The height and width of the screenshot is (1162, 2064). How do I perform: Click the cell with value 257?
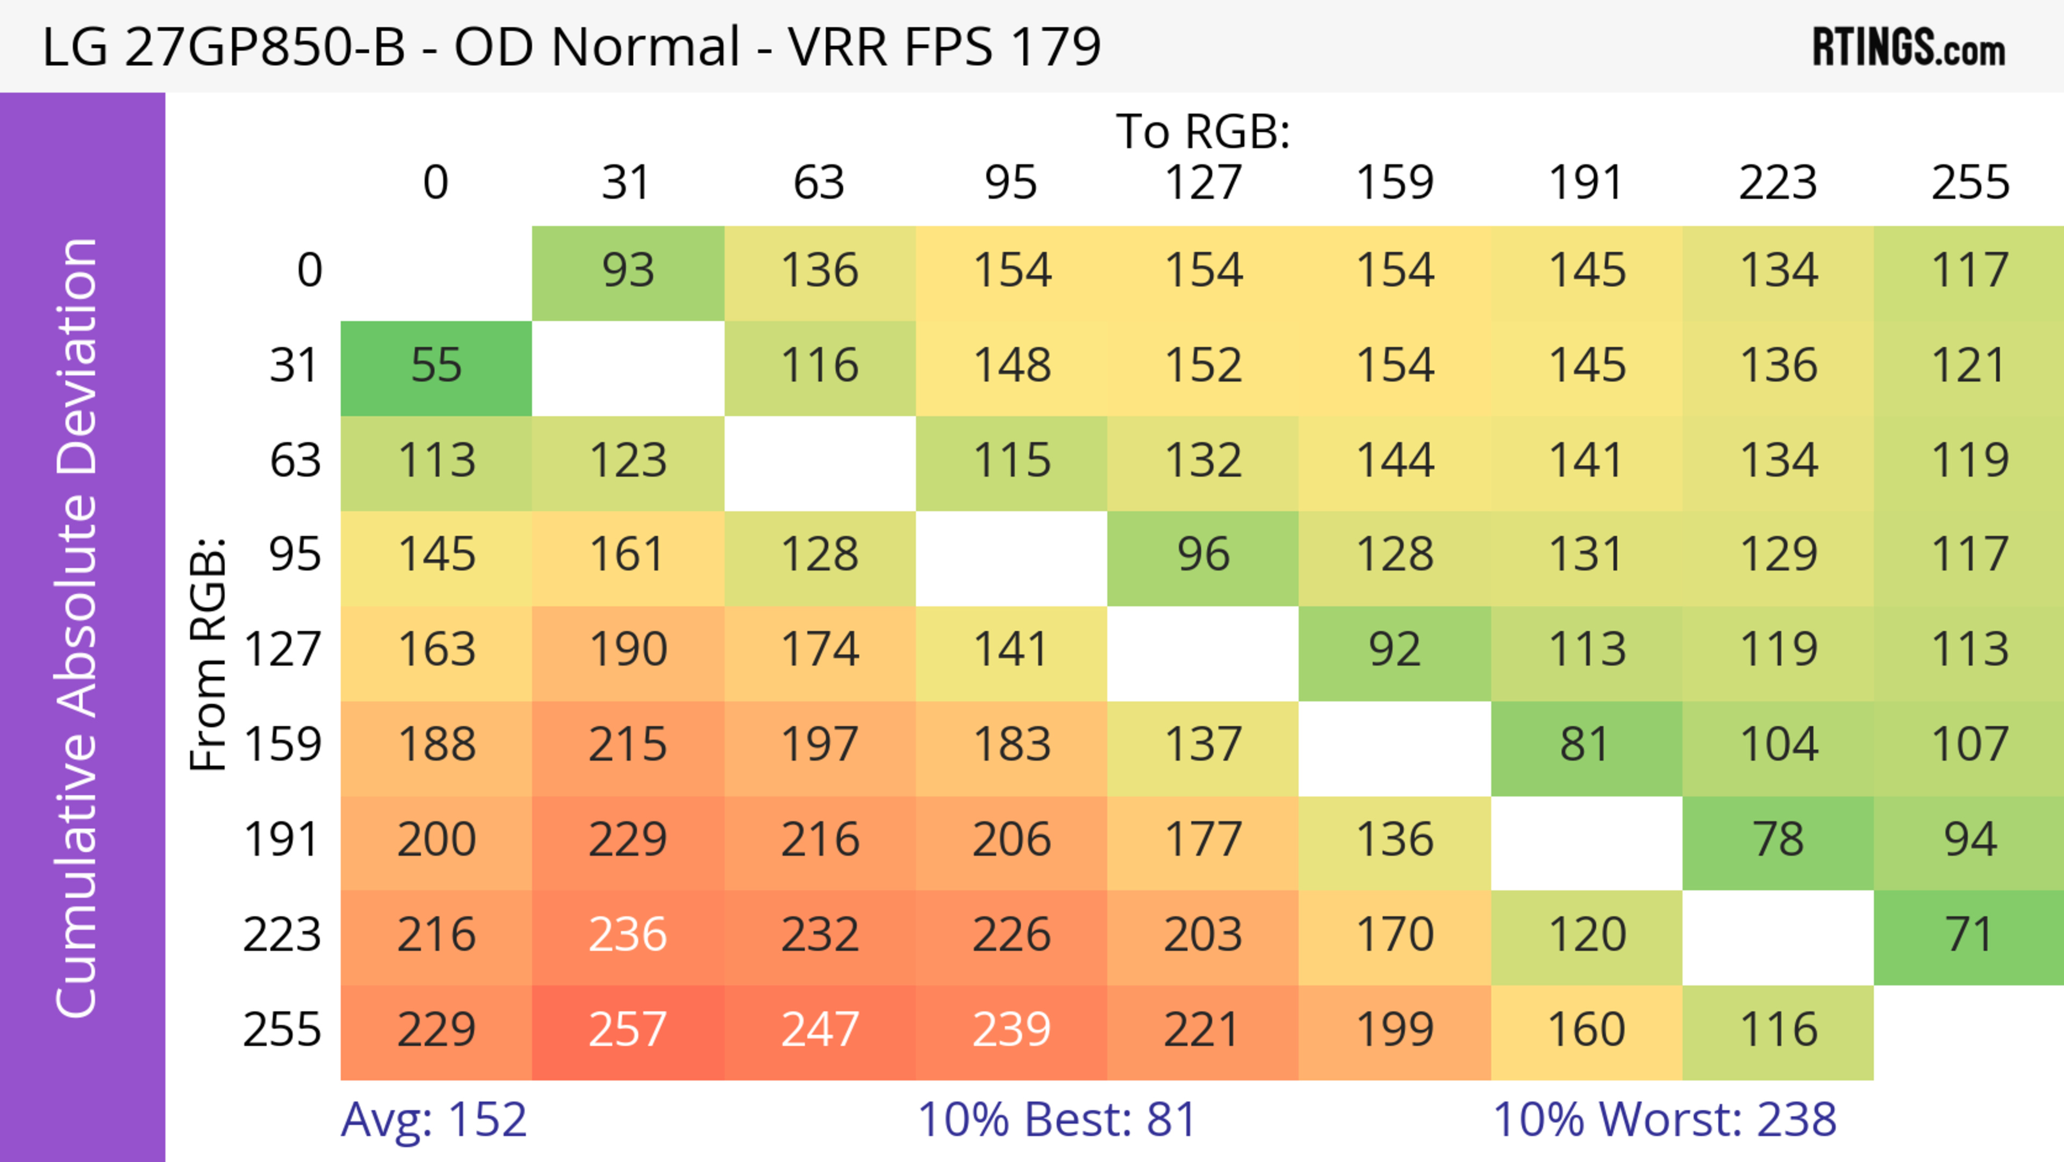pos(627,1030)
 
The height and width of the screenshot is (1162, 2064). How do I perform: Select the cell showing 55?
pos(436,366)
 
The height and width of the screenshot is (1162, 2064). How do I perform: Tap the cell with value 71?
pos(1969,935)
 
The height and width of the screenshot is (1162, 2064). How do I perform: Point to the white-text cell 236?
pos(627,935)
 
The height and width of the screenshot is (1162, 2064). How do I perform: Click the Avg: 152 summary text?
pos(433,1120)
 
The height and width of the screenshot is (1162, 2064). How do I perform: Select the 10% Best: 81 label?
pos(1057,1120)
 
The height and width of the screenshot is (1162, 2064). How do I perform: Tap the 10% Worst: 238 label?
pos(1664,1120)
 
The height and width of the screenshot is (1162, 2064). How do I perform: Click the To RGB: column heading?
pos(1203,131)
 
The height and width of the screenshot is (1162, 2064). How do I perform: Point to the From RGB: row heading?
pos(209,654)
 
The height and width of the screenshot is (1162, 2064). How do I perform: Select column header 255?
pos(1969,183)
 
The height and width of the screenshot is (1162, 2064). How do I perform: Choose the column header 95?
pos(1010,183)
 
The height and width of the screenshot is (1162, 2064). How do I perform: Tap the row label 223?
pos(282,935)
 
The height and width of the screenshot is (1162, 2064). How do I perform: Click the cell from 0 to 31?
pos(627,271)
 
